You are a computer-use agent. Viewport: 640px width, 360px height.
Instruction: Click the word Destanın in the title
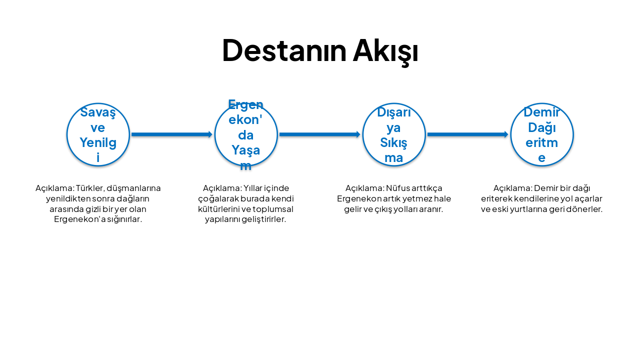click(x=284, y=50)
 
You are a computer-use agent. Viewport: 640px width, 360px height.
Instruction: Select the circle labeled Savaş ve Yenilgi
click(x=98, y=134)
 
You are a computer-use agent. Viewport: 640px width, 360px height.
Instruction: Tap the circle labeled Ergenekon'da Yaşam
click(x=246, y=134)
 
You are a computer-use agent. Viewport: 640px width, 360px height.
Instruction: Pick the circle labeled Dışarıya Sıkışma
click(x=394, y=134)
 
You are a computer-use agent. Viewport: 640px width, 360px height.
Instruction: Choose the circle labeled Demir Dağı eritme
click(x=542, y=134)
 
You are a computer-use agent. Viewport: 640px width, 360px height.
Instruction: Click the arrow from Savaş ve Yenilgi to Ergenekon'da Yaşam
click(x=171, y=134)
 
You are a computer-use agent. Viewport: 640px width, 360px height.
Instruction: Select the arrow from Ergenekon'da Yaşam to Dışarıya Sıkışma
click(x=319, y=134)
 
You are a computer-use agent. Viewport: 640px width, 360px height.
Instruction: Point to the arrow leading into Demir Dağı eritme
click(x=467, y=134)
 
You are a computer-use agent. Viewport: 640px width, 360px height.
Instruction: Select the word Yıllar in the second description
click(x=253, y=188)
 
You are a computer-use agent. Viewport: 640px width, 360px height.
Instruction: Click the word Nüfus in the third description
click(x=397, y=188)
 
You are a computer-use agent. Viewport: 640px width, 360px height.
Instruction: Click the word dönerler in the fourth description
click(x=585, y=209)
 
